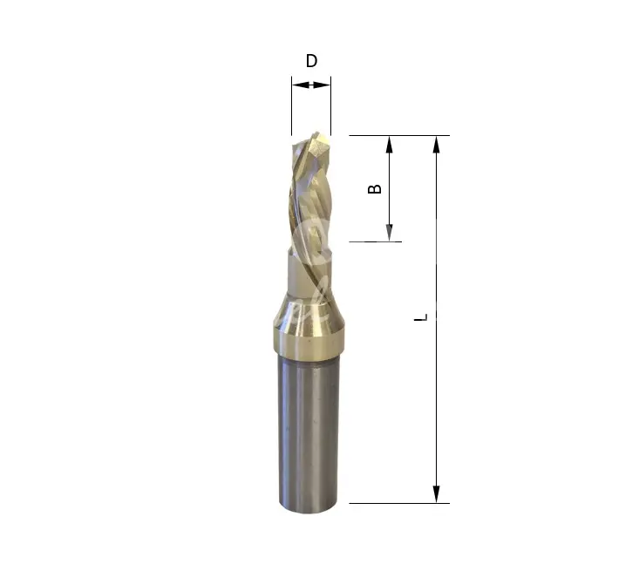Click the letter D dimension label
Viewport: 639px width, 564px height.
pos(311,61)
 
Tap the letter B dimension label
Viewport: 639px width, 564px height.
pos(375,189)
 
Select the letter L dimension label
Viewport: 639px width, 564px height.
pos(421,317)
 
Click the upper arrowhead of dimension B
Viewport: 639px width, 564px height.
pos(389,145)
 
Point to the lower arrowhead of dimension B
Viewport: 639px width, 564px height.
pos(389,233)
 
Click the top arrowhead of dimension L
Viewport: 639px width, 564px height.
pos(437,145)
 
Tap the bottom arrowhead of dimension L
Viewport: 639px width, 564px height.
pos(437,494)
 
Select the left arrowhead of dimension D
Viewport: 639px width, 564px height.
pos(301,85)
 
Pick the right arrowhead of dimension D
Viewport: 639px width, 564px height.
pos(322,85)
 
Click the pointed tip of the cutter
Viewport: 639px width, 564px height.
pos(316,133)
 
